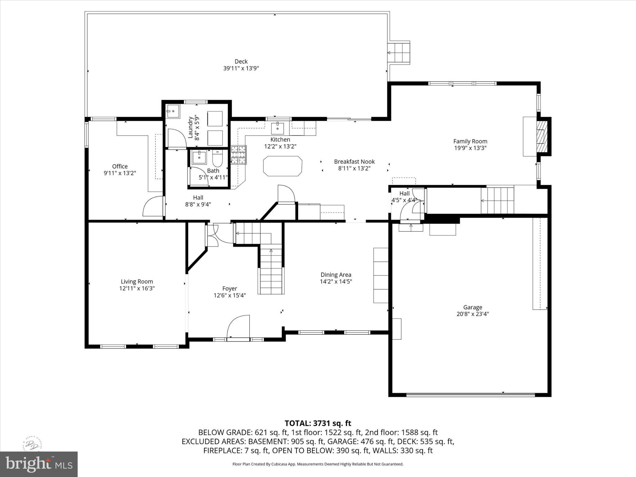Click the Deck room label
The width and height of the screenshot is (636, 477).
pos(241,61)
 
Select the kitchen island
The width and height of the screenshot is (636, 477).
pos(283,166)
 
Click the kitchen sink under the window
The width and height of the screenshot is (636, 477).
pos(277,128)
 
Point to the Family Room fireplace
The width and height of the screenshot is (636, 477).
pos(542,136)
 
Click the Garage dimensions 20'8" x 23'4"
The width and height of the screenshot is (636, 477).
pos(473,314)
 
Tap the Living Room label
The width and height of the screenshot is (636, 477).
pos(137,282)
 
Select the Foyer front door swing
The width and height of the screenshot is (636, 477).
pos(238,326)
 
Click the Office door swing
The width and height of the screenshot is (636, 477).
pos(153,206)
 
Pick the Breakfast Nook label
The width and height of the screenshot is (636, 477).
pos(354,162)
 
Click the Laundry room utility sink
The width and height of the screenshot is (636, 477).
pos(173,111)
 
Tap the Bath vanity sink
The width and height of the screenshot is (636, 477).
pos(199,158)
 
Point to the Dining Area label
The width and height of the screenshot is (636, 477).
pos(336,275)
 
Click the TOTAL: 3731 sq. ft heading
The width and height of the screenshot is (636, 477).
pos(318,423)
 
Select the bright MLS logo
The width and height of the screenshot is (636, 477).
pos(39,464)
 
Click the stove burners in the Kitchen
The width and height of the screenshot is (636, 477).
pos(238,155)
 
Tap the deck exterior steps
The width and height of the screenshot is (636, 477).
pos(400,53)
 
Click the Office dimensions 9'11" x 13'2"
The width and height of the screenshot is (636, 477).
pos(120,173)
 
